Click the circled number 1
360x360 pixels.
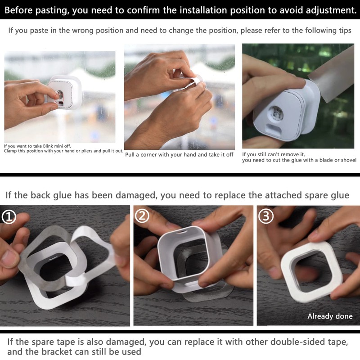pos(9,217)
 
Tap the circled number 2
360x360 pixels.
pos(142,216)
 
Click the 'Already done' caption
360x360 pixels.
pos(330,316)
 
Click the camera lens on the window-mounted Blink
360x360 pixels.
pos(59,94)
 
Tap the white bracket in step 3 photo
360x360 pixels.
pos(310,265)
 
